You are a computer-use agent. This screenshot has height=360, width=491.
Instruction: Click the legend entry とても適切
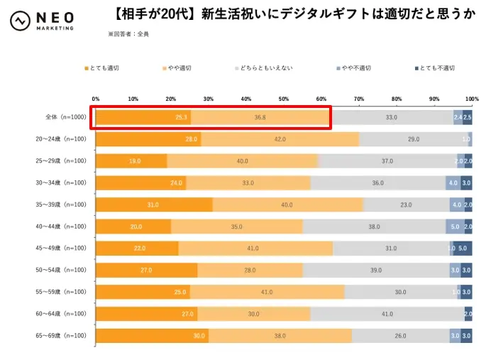pyautogui.click(x=104, y=68)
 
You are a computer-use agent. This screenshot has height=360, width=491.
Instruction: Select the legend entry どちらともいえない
pyautogui.click(x=266, y=68)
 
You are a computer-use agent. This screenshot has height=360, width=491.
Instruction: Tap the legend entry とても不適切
pyautogui.click(x=434, y=68)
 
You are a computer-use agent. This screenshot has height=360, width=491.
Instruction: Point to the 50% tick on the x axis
pyautogui.click(x=284, y=99)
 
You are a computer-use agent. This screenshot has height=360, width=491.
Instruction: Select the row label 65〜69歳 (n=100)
pyautogui.click(x=63, y=335)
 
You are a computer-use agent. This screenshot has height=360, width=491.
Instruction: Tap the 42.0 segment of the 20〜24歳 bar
pyautogui.click(x=280, y=139)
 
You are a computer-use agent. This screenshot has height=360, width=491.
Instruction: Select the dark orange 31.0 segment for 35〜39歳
pyautogui.click(x=153, y=204)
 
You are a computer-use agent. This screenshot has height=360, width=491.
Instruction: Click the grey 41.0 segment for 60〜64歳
pyautogui.click(x=387, y=314)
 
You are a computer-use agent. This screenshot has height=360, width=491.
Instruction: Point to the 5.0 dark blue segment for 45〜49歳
pyautogui.click(x=463, y=249)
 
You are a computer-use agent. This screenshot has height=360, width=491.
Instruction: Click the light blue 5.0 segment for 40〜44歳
pyautogui.click(x=455, y=227)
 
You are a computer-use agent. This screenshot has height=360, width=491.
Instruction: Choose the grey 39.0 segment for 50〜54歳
pyautogui.click(x=376, y=271)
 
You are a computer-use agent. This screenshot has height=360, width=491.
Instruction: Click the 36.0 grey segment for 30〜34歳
pyautogui.click(x=378, y=183)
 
